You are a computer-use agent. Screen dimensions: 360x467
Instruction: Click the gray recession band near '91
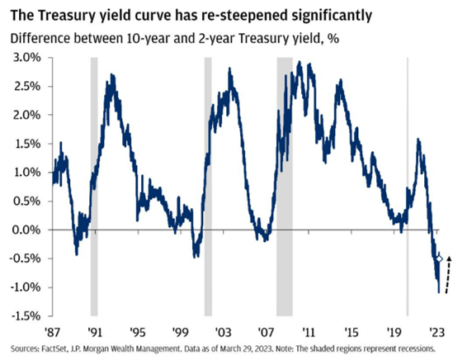click(x=94, y=186)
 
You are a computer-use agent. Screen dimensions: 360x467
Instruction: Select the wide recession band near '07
click(x=285, y=186)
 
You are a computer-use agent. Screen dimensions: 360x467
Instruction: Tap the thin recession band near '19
click(x=405, y=186)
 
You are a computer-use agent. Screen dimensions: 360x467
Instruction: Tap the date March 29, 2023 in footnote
click(x=255, y=348)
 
